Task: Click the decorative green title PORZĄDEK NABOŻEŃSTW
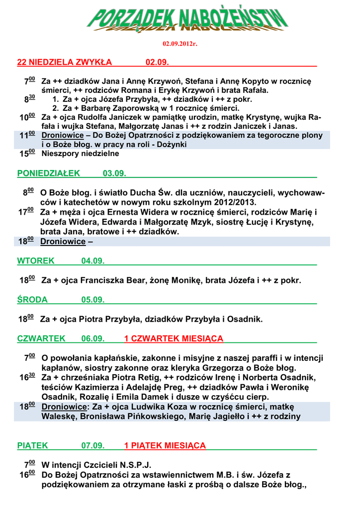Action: pyautogui.click(x=187, y=20)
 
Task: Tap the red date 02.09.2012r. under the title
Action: pyautogui.click(x=180, y=44)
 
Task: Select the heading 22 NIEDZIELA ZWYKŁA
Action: pyautogui.click(x=65, y=62)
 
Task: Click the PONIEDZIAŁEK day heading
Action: pyautogui.click(x=48, y=173)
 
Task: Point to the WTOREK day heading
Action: pyautogui.click(x=36, y=261)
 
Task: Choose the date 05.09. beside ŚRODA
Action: pyautogui.click(x=93, y=300)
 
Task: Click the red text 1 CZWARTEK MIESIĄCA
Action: pyautogui.click(x=174, y=339)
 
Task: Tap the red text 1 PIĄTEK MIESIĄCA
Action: pyautogui.click(x=165, y=445)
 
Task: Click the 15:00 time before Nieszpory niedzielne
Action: pyautogui.click(x=27, y=154)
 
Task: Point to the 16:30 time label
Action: pyautogui.click(x=27, y=377)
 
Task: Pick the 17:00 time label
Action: pyautogui.click(x=26, y=212)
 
